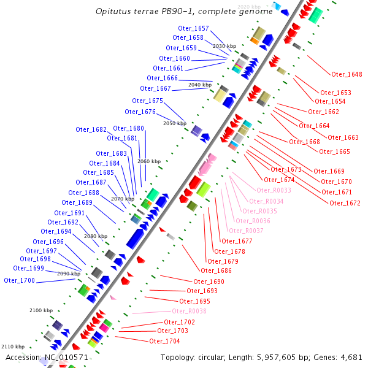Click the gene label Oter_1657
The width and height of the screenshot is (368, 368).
193,28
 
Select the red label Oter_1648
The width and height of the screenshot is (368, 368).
347,75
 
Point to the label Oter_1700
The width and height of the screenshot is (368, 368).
19,280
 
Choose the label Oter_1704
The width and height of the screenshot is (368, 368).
164,341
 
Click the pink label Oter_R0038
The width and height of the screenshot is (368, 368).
189,312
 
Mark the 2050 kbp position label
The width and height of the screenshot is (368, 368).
174,124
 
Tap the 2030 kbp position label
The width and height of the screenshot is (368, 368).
224,46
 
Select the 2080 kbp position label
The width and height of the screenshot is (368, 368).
95,236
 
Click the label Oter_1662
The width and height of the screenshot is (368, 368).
323,112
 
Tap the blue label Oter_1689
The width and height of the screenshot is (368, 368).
77,202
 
